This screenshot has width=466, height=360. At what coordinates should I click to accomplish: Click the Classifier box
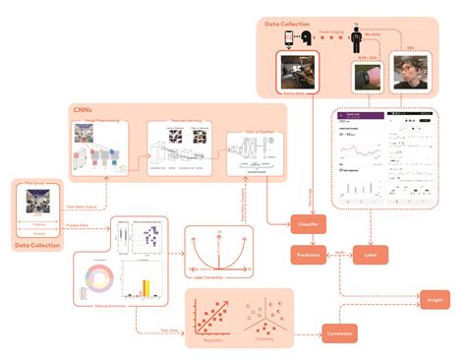tap(308, 223)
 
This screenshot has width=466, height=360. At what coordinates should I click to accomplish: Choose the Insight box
tap(435, 297)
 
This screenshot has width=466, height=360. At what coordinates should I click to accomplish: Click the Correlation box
tap(340, 334)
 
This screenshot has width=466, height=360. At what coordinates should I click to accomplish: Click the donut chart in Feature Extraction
tap(101, 279)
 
